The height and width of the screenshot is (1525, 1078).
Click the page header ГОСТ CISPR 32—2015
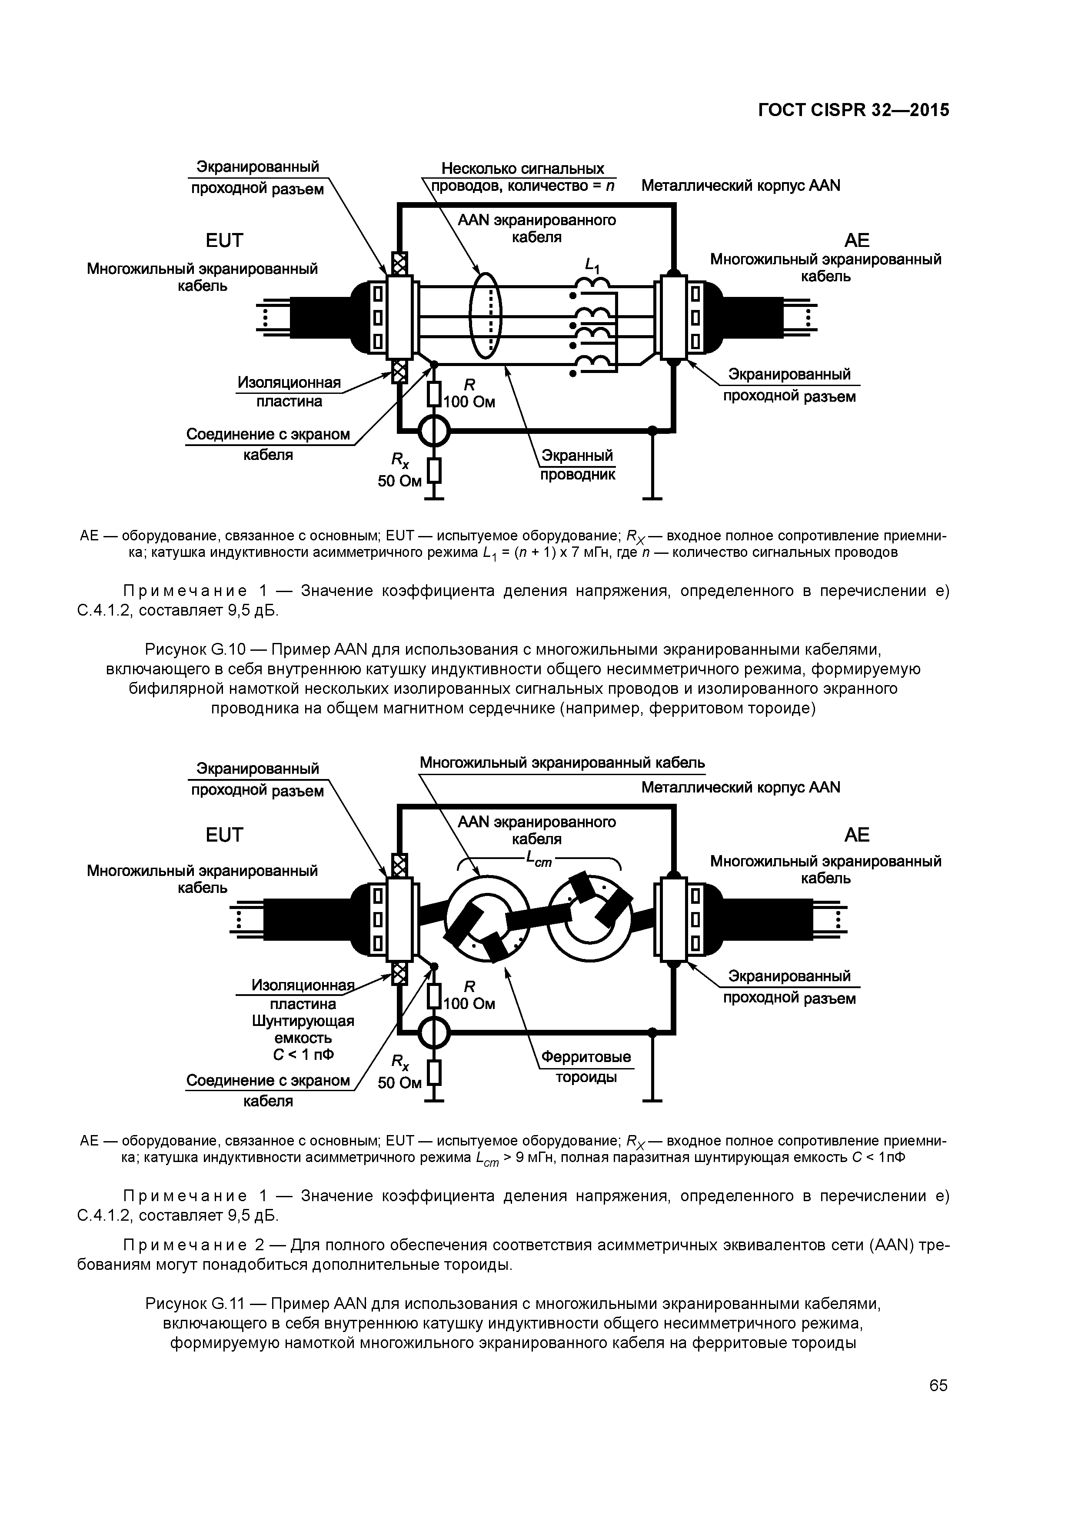pyautogui.click(x=854, y=110)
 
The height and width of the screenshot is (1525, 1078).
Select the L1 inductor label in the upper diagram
pyautogui.click(x=592, y=266)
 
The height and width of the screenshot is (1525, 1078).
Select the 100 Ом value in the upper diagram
pyautogui.click(x=469, y=402)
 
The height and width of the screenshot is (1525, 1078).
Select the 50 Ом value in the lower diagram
pyautogui.click(x=399, y=1082)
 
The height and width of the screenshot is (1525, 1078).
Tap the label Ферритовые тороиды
pyautogui.click(x=586, y=1066)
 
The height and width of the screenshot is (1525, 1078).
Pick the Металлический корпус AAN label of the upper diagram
pyautogui.click(x=741, y=185)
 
